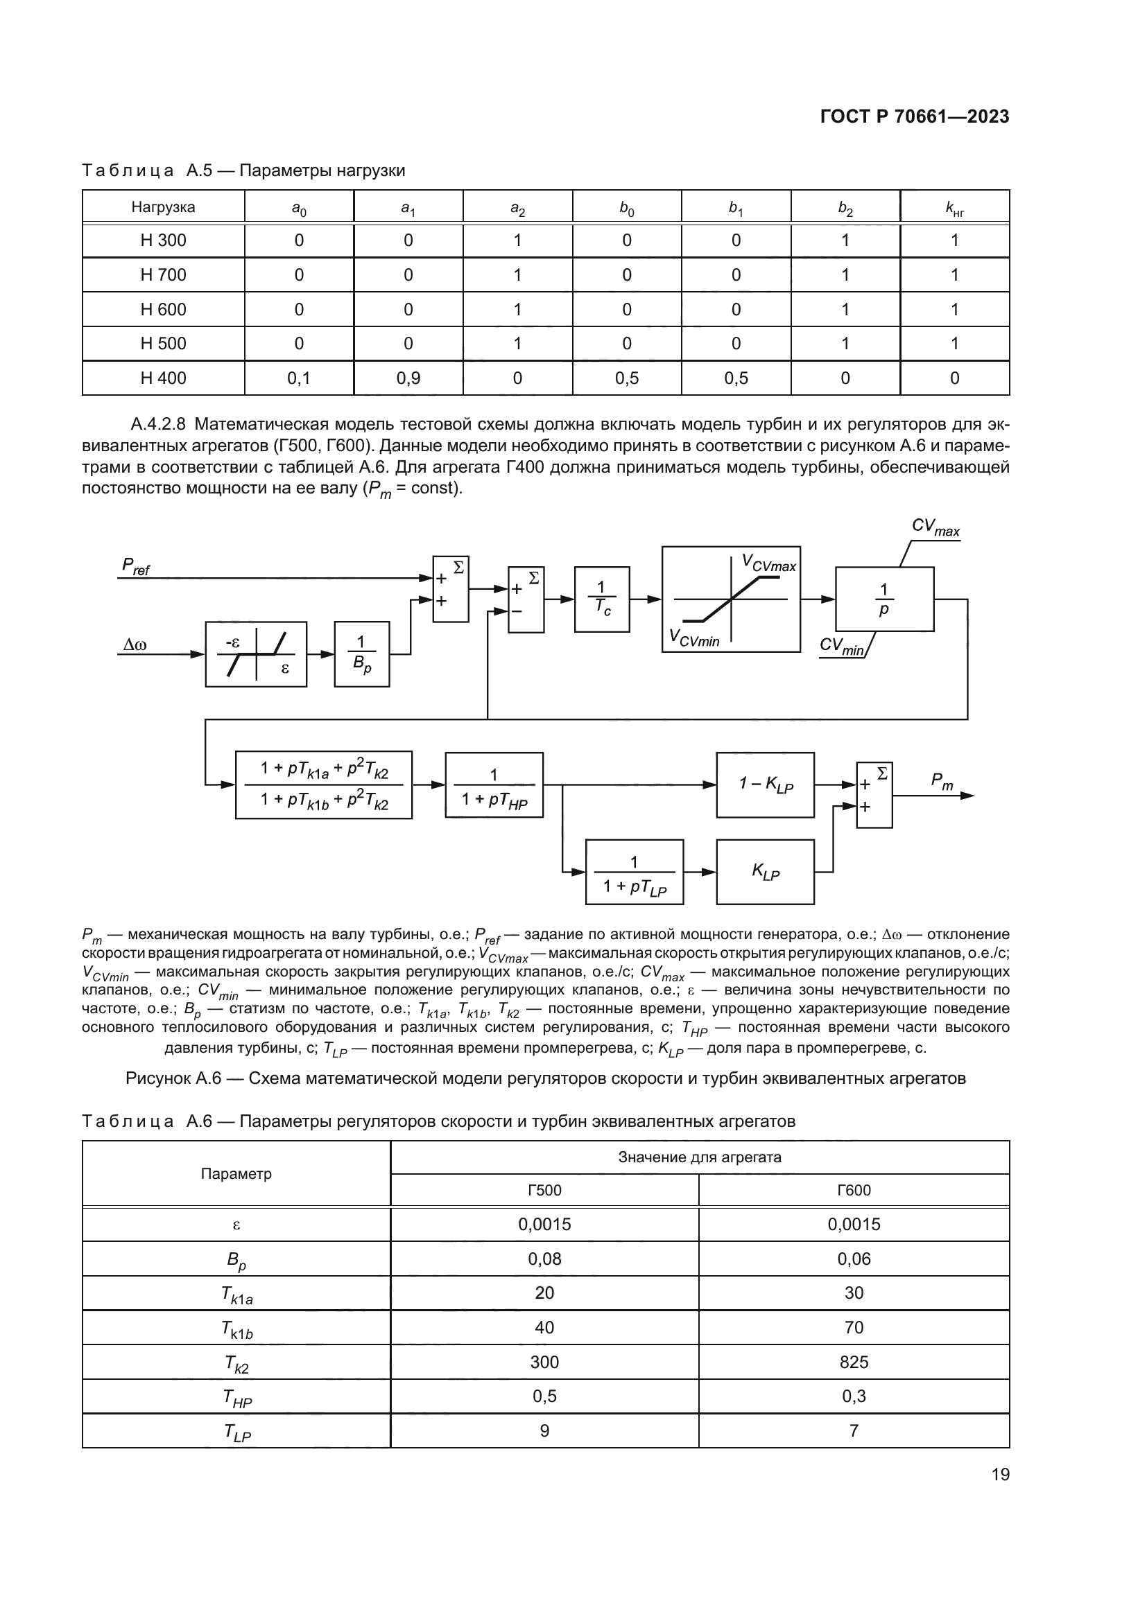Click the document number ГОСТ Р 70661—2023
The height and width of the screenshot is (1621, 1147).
914,117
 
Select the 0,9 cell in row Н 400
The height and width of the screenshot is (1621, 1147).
408,378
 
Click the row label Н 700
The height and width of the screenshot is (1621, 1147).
163,274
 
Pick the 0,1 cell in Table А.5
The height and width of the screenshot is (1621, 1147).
299,378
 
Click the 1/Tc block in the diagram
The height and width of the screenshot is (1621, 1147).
602,599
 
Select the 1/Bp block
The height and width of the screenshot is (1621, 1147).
361,654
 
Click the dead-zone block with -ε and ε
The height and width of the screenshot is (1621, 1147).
256,654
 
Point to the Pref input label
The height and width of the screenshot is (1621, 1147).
136,566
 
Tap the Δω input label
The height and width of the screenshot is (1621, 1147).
135,645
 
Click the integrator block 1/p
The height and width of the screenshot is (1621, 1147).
883,599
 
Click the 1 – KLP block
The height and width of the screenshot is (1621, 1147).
765,785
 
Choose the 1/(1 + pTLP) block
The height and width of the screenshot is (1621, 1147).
635,872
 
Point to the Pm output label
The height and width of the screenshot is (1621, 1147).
942,781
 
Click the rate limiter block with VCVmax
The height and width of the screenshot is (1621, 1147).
730,599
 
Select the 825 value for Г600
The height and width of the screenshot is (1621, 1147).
853,1362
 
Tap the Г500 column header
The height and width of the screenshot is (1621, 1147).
544,1191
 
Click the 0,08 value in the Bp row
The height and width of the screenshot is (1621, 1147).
544,1259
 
